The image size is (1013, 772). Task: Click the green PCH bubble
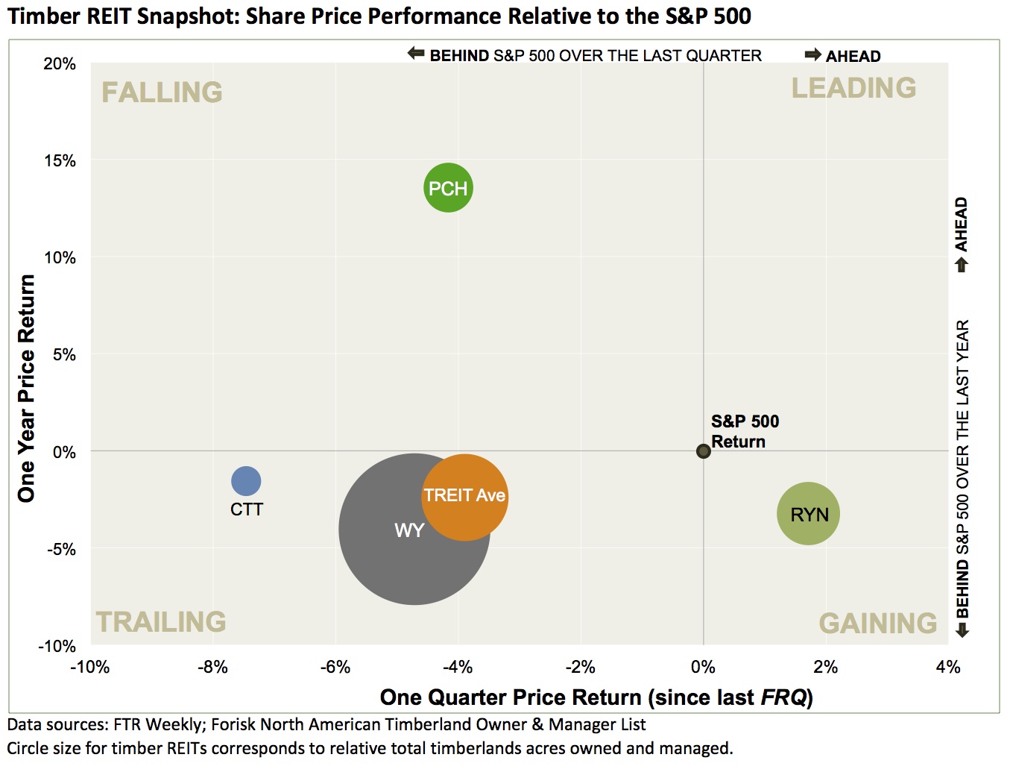(448, 188)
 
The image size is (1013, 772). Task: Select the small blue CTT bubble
(246, 481)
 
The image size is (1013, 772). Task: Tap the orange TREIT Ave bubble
(465, 496)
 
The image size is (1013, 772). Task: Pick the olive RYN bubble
(808, 514)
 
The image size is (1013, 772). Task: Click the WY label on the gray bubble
(409, 530)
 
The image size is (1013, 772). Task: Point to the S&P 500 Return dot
(703, 451)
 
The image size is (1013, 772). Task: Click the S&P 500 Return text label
(744, 431)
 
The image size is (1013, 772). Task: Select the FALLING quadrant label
(162, 92)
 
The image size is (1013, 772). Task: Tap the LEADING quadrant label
(853, 88)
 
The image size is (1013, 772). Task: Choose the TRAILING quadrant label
(161, 622)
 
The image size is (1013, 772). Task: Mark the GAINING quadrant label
(877, 624)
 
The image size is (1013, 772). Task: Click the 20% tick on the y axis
(60, 64)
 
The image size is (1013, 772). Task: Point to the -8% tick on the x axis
(212, 667)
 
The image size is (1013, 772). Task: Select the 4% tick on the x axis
(947, 667)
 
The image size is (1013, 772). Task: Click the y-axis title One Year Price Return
(27, 388)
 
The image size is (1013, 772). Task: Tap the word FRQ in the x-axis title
(783, 698)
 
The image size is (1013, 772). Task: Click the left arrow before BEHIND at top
(415, 54)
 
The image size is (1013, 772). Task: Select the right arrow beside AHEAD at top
(812, 54)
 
